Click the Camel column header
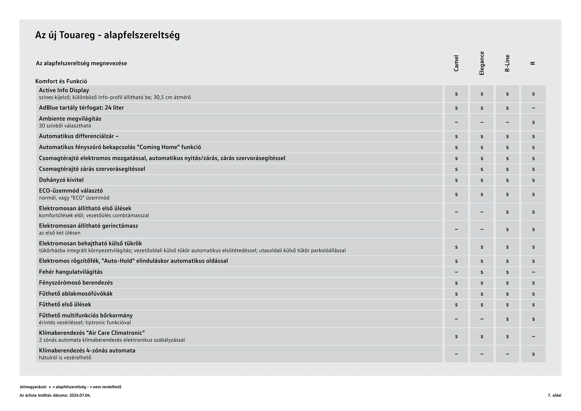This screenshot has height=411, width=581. [x=456, y=63]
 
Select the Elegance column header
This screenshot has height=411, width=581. [x=482, y=63]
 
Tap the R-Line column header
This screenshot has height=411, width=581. [x=507, y=63]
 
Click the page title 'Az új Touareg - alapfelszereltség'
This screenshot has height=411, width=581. [x=107, y=35]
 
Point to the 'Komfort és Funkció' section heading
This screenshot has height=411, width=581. [x=61, y=81]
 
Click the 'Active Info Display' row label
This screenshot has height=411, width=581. [x=64, y=90]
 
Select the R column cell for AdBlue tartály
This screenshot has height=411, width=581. [x=533, y=108]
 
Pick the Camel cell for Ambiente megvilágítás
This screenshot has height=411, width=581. [x=456, y=122]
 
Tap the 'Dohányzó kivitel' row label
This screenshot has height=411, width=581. [x=61, y=180]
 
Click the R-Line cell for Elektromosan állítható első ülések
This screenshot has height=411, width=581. [x=507, y=212]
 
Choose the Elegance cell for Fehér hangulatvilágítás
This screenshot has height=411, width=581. [x=482, y=272]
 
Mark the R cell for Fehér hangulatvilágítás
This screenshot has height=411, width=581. [x=533, y=272]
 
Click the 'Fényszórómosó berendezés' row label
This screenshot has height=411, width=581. [x=76, y=283]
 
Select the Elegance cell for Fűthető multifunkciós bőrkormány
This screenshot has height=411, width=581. [x=482, y=319]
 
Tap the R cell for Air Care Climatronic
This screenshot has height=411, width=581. [x=533, y=337]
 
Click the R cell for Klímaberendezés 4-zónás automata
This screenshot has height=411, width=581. [x=533, y=354]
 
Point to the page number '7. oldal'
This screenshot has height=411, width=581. [x=554, y=395]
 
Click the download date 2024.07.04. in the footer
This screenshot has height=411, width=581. [x=80, y=395]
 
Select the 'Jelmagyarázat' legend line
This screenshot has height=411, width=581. [x=70, y=387]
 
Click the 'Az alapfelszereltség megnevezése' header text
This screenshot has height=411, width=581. [x=81, y=63]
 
